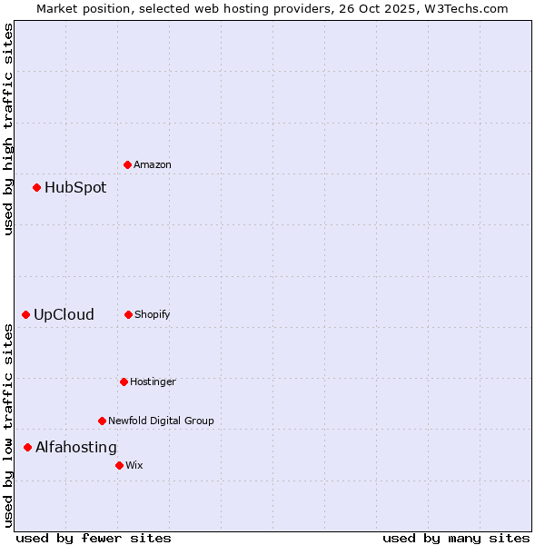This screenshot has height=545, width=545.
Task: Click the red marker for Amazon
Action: pos(127,164)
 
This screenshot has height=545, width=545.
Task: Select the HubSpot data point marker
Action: pos(36,187)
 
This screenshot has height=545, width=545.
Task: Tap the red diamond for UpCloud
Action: pos(25,314)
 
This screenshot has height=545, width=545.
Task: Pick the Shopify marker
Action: pos(128,314)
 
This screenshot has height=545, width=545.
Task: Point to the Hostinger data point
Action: pos(124,381)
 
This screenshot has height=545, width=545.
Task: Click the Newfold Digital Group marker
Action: pos(102,421)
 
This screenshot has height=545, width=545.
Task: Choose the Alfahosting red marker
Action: pos(27,447)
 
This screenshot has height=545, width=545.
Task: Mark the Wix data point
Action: pos(119,465)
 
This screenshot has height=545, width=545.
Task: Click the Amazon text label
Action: pos(153,164)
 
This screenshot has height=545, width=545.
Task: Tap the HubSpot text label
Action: pos(75,187)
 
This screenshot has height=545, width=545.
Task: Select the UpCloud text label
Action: pos(64,314)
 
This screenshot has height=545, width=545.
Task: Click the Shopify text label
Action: pos(153,314)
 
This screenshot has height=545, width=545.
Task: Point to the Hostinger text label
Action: pos(153,381)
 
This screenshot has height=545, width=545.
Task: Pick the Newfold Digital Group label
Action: pos(161,421)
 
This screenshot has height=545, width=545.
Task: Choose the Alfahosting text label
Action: pos(76,447)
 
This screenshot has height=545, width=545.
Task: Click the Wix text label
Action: pos(134,465)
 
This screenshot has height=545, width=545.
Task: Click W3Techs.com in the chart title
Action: pos(464,8)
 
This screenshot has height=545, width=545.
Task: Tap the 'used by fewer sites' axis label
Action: pos(94,538)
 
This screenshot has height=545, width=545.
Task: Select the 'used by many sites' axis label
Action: pos(456,538)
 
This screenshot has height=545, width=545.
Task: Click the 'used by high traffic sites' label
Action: pos(8,129)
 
